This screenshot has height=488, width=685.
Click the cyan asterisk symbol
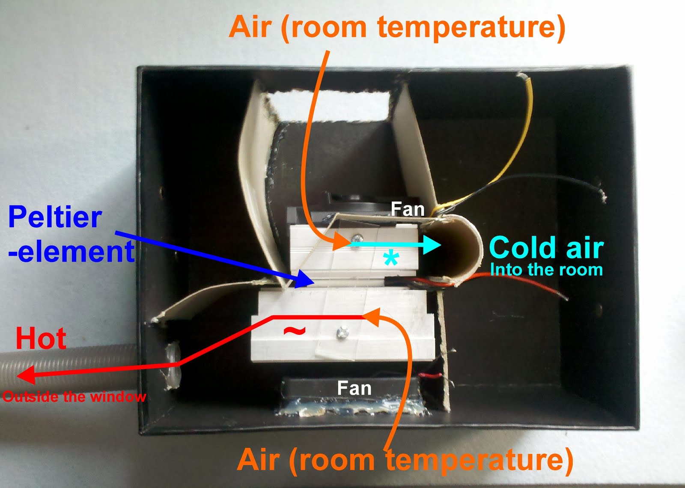[390, 259]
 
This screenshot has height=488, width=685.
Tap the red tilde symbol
[295, 330]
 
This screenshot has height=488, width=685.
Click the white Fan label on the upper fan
[408, 209]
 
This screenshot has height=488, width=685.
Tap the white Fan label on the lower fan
[354, 388]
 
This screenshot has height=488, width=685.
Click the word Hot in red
[41, 338]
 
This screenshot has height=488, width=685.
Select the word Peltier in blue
[55, 217]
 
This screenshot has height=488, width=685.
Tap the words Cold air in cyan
[546, 248]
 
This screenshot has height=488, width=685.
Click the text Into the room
[546, 270]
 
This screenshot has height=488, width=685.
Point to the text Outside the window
[74, 397]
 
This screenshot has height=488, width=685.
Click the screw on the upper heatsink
[356, 238]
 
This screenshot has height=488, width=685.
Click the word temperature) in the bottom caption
[479, 460]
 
